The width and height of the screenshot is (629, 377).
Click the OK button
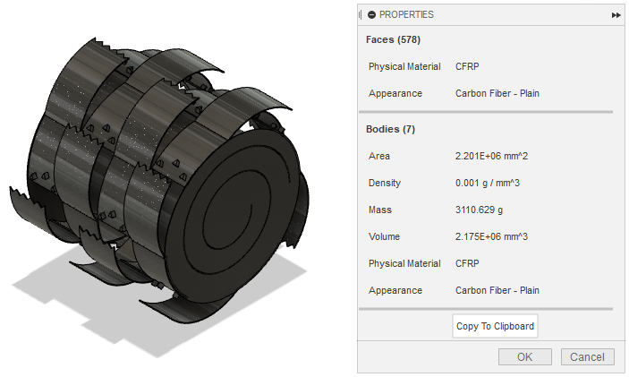[x=525, y=356]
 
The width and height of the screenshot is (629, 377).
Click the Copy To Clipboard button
[x=495, y=326]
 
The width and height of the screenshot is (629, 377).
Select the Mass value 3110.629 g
[x=483, y=210]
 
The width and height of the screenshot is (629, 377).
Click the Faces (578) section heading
[x=393, y=39]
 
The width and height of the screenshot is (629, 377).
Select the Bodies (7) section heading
[x=390, y=129]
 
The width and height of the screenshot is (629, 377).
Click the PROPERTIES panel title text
[x=406, y=14]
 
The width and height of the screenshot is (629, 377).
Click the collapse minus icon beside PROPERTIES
[x=371, y=14]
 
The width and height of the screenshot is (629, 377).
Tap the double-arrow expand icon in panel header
[x=616, y=15]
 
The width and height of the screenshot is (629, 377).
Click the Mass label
[x=380, y=210]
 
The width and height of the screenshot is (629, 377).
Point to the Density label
[x=385, y=183]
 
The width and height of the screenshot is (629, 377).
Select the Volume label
[x=385, y=236]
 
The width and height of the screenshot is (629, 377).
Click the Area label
[x=379, y=156]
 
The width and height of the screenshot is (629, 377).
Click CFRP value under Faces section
[x=467, y=66]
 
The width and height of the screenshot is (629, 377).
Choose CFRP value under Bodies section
[x=467, y=263]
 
